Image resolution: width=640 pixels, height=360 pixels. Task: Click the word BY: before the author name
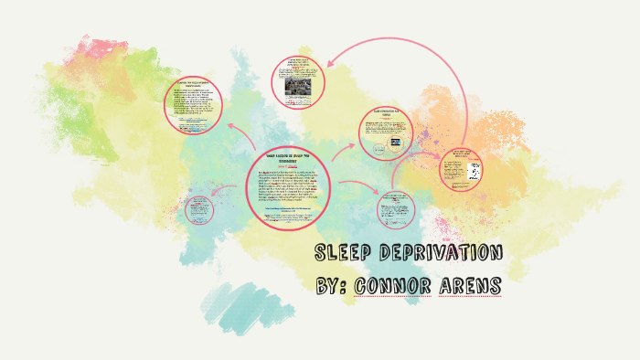coord(334,286)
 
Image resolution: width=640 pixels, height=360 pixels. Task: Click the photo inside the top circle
coord(299,85)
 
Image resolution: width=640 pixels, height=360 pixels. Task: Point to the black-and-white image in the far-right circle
coord(475,171)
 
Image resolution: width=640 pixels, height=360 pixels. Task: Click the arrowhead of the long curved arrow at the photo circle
coord(327,62)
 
